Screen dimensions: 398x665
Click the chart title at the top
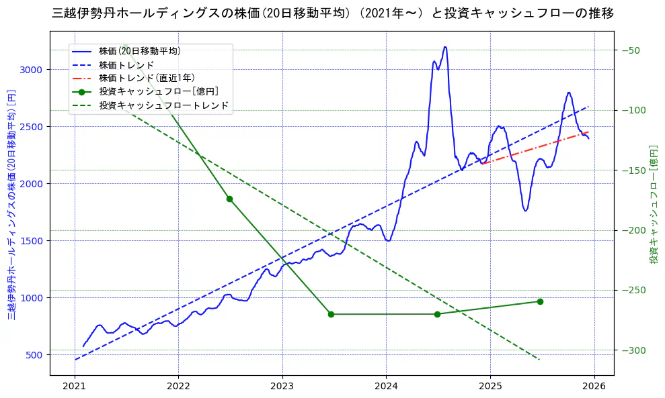pos(332,13)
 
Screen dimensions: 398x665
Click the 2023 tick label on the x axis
pos(282,387)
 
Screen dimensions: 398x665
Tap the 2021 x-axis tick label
pos(74,387)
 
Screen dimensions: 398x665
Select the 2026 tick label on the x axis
pos(594,387)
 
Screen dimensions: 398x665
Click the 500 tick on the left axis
pos(34,355)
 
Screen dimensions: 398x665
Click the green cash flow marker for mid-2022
pos(229,199)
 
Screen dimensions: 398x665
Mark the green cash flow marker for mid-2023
pos(331,314)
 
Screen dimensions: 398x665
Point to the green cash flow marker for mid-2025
pos(540,301)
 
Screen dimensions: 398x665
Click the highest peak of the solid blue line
pos(444,47)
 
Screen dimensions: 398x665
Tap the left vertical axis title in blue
pos(11,204)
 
